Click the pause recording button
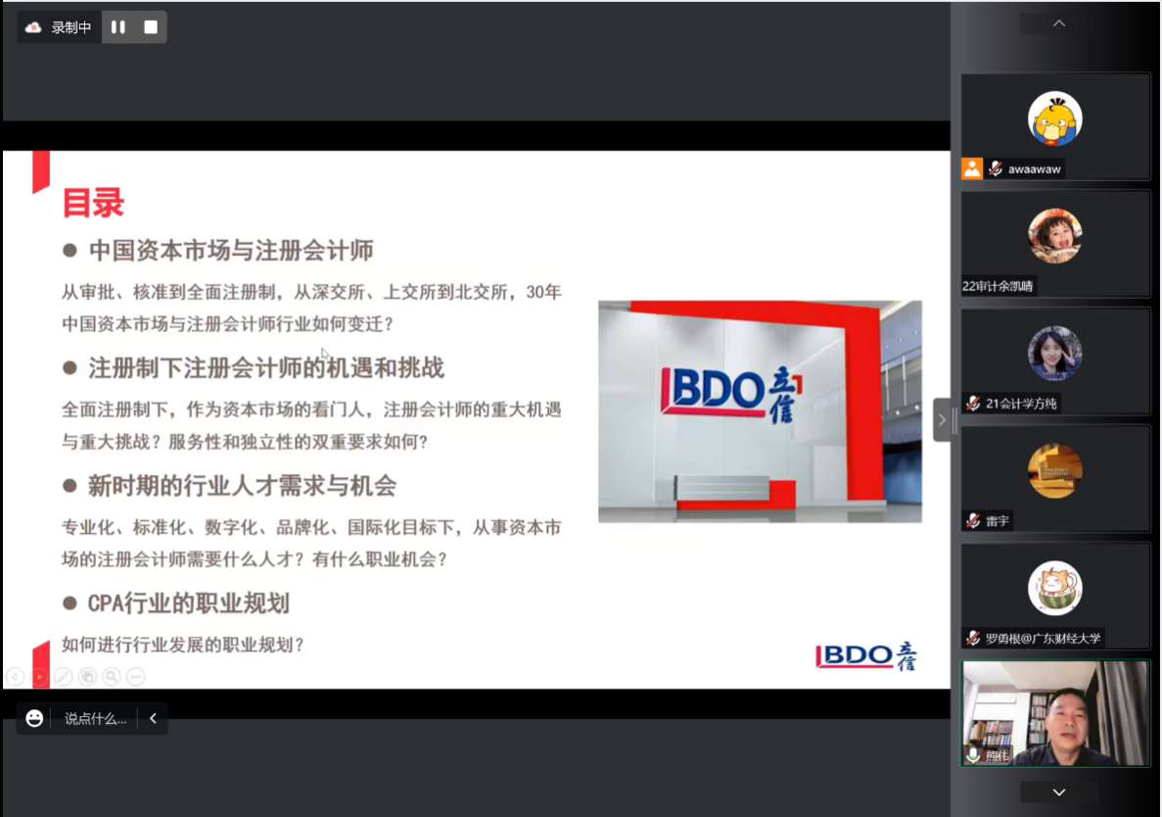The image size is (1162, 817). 117,27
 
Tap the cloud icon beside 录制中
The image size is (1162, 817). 33,27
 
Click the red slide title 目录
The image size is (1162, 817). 93,203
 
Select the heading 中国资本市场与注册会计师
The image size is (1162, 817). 231,251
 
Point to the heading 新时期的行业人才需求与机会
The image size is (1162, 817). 243,486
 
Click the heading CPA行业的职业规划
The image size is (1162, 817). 188,603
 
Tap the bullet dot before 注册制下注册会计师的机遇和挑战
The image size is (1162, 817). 70,367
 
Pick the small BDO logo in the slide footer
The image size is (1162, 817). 865,655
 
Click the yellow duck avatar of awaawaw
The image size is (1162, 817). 1054,119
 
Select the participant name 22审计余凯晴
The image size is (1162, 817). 998,286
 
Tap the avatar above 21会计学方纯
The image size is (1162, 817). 1054,353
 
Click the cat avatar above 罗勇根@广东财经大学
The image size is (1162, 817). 1054,588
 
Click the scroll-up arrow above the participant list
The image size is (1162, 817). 1059,23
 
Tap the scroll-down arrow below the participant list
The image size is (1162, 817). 1059,793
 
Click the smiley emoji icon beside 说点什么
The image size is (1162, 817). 34,718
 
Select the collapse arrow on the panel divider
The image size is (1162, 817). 942,420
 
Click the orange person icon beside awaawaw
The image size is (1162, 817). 971,169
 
